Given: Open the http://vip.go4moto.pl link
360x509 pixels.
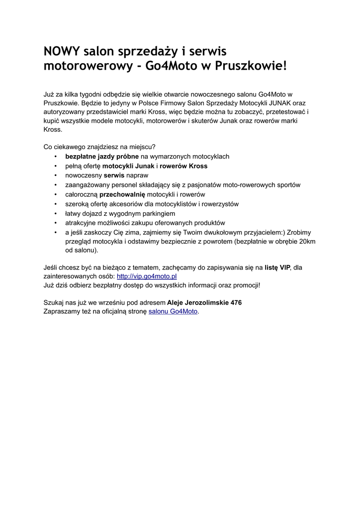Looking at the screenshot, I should click(147, 276).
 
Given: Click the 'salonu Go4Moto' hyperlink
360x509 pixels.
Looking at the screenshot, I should click(173, 312).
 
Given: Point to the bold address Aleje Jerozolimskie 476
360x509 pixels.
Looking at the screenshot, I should click(204, 302).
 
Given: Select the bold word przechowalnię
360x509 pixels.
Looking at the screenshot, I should click(122, 194).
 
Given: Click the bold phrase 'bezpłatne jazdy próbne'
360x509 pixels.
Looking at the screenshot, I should click(102, 157).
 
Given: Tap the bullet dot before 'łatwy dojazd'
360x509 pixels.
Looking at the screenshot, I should click(55, 213).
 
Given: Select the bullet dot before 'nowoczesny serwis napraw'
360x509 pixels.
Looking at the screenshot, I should click(55, 175).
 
